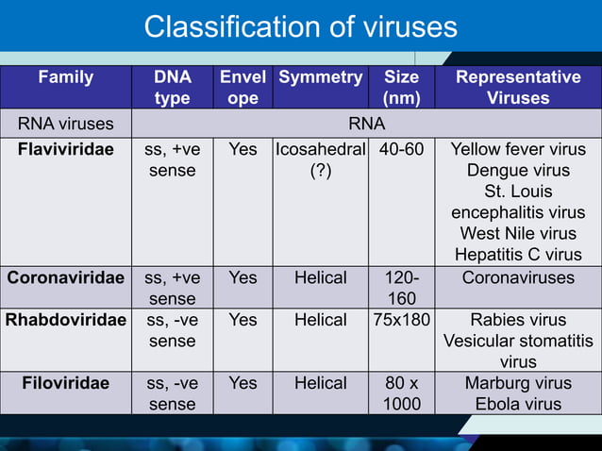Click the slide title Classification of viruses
coord(300,27)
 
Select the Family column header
coord(65,77)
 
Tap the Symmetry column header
coord(320,77)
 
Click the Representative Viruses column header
coord(518,88)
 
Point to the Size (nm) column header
coord(402,88)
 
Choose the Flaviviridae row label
coord(65,149)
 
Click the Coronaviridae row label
coord(65,278)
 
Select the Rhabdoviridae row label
coord(65,320)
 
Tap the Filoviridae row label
coord(65,383)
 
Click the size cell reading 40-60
coord(402,149)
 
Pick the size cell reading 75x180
coord(402,320)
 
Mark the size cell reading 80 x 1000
coord(402,393)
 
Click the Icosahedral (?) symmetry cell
coord(320,159)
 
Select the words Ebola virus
coord(518,404)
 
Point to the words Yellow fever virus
coord(518,149)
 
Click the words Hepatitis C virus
coord(518,254)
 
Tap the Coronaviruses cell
coord(518,278)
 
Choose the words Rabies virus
coord(518,320)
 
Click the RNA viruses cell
coord(65,123)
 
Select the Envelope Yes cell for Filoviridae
coord(242,383)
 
